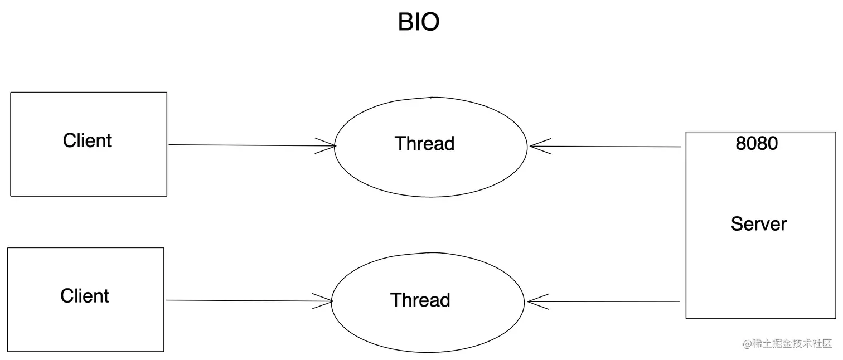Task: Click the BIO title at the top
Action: coord(419,22)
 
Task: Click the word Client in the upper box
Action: coord(87,140)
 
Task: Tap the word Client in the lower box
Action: coord(85,295)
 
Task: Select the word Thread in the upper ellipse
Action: coord(425,144)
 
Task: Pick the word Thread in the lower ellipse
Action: coord(420,300)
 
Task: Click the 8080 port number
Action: coord(757,144)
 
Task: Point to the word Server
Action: coord(758,224)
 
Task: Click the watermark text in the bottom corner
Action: coord(787,344)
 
